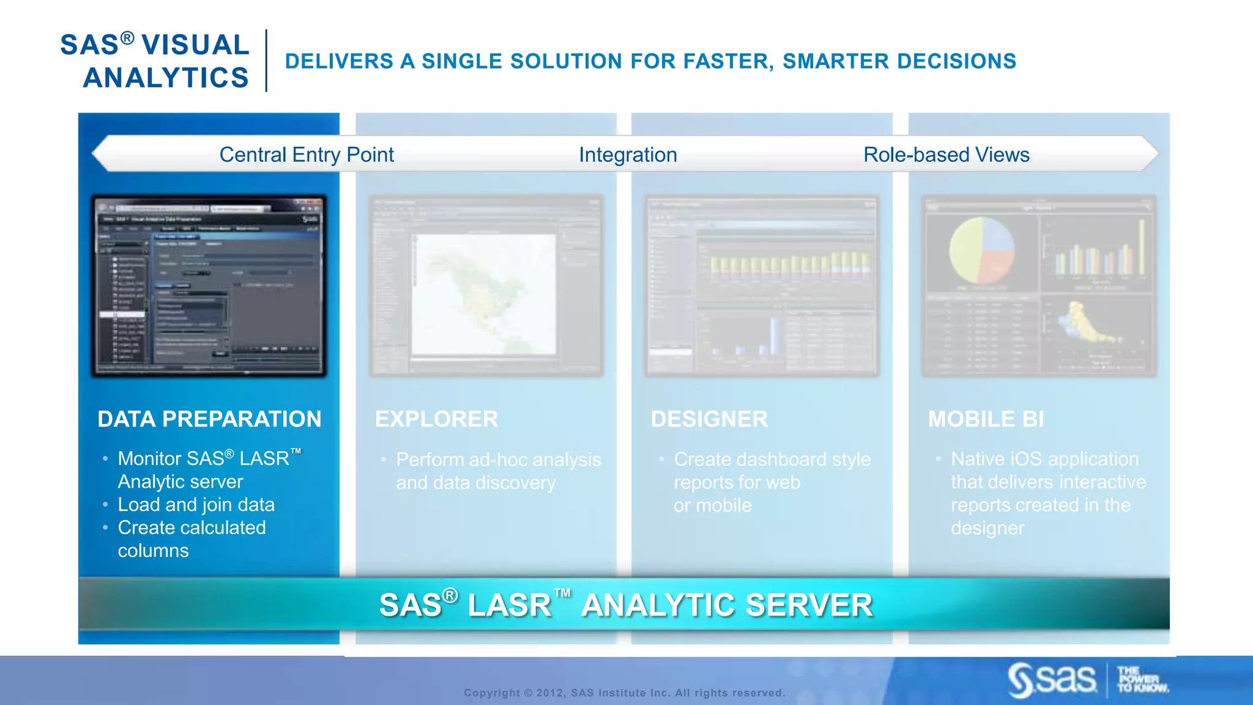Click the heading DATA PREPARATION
pyautogui.click(x=209, y=419)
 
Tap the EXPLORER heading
pyautogui.click(x=436, y=419)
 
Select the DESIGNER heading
pyautogui.click(x=709, y=419)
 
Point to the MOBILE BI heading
pyautogui.click(x=986, y=419)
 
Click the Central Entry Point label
pyautogui.click(x=306, y=155)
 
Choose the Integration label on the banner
pyautogui.click(x=628, y=155)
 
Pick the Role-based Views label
pyautogui.click(x=946, y=155)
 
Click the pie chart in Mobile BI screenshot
pyautogui.click(x=981, y=250)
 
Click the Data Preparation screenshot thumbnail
pyautogui.click(x=209, y=286)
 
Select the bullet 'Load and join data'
pyautogui.click(x=196, y=505)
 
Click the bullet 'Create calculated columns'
pyautogui.click(x=191, y=528)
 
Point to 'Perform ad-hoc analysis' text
pyautogui.click(x=498, y=460)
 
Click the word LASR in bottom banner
pyautogui.click(x=509, y=605)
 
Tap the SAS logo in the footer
pyautogui.click(x=1053, y=680)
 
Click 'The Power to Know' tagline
pyautogui.click(x=1142, y=680)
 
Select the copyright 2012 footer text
pyautogui.click(x=624, y=693)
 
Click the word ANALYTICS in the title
pyautogui.click(x=166, y=78)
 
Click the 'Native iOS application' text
pyautogui.click(x=1044, y=459)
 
